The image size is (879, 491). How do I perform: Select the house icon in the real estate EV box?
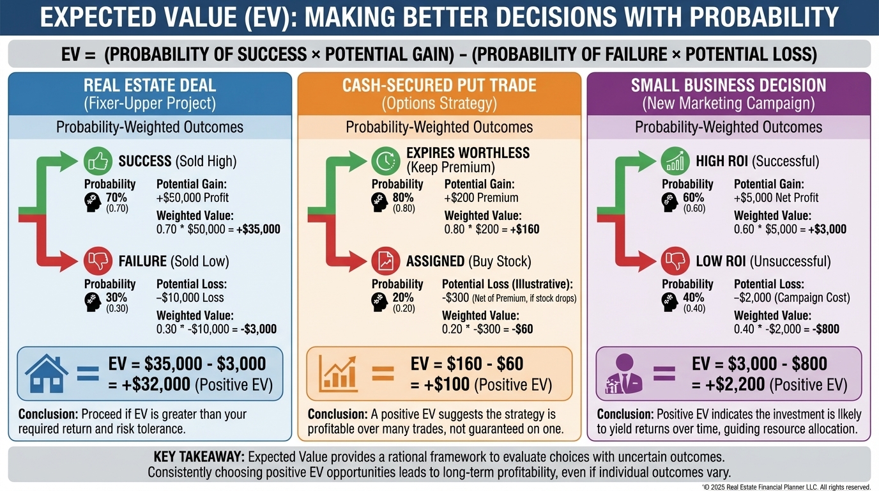coord(47,374)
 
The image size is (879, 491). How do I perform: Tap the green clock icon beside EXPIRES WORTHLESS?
coord(386,162)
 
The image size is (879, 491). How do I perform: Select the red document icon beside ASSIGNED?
coord(386,261)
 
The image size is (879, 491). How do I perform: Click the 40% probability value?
coord(694,297)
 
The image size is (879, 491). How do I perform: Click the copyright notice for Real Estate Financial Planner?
coord(786,487)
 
